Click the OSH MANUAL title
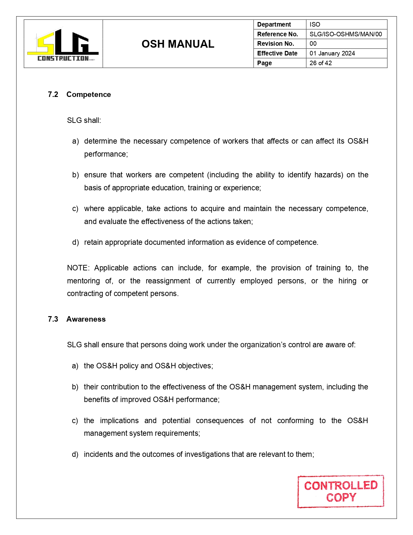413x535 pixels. click(x=178, y=44)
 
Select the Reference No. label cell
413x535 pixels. click(x=278, y=34)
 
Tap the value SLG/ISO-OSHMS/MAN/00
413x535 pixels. click(x=346, y=34)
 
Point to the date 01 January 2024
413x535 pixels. click(x=332, y=53)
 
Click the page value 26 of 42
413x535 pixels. click(x=321, y=63)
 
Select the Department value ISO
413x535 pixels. click(x=315, y=24)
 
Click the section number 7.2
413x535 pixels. click(x=53, y=94)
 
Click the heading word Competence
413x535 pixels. click(x=88, y=94)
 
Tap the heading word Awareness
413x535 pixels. click(x=86, y=319)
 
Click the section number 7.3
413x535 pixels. click(x=53, y=319)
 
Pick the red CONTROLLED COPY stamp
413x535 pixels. click(x=341, y=491)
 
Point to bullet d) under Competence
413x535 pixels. click(x=75, y=242)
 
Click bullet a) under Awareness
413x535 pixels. click(x=75, y=366)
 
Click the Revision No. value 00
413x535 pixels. click(x=313, y=43)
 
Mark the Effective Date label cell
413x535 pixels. click(x=277, y=53)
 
